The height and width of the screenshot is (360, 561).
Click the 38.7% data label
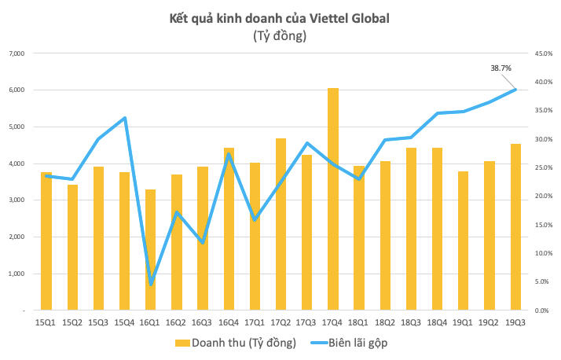(x=500, y=68)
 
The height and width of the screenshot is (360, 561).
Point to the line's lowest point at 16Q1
(x=151, y=285)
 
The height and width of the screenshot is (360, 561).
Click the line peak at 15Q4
(x=125, y=118)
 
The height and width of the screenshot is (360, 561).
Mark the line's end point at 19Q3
(x=515, y=90)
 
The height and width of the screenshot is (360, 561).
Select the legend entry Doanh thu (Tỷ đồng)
(x=235, y=343)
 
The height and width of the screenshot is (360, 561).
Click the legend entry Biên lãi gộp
(x=351, y=343)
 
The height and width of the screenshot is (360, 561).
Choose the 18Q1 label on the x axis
(x=359, y=321)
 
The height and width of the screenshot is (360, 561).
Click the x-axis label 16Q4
(x=229, y=321)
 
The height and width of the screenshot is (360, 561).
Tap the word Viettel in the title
(x=334, y=17)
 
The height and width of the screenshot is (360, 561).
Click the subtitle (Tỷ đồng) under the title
(x=280, y=35)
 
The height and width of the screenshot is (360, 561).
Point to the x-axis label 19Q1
(x=464, y=321)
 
